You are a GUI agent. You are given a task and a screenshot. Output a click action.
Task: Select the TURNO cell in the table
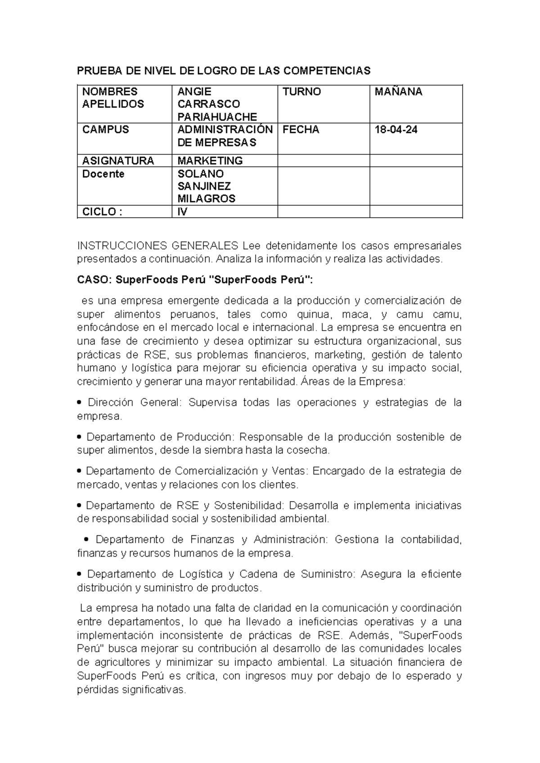click(x=301, y=92)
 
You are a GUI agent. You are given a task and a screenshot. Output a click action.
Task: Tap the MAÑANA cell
click(x=398, y=92)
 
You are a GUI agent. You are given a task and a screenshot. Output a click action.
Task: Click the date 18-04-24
click(x=396, y=130)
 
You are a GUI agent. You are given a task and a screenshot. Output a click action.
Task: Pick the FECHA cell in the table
click(x=301, y=130)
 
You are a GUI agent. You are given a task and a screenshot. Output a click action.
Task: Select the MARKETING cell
click(x=210, y=161)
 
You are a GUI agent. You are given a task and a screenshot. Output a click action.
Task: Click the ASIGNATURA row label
click(x=118, y=161)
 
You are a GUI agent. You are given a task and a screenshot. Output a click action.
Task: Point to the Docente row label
click(x=103, y=174)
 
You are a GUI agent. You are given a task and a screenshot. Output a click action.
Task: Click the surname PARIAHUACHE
click(x=217, y=117)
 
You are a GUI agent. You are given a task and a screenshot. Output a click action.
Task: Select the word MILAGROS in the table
click(x=206, y=199)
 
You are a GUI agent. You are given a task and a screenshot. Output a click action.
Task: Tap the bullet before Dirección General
click(x=80, y=403)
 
